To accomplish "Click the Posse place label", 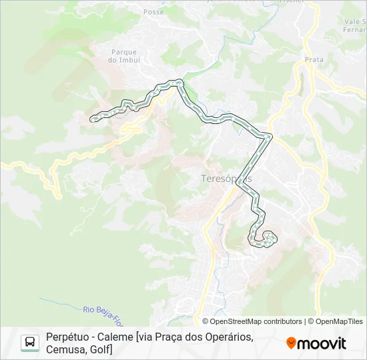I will click(154, 12).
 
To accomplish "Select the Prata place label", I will click(314, 60).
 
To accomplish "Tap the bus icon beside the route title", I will click(30, 343).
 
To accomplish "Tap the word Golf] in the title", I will click(101, 349).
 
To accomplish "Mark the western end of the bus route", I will click(93, 119).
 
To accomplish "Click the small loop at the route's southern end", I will click(268, 237).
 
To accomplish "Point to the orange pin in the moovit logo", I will click(291, 343).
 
